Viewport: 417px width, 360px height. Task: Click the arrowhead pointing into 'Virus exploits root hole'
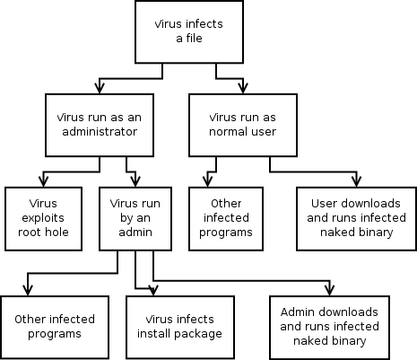point(43,182)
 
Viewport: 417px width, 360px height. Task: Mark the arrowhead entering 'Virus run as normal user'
point(243,89)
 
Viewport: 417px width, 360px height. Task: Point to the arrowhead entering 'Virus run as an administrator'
point(100,89)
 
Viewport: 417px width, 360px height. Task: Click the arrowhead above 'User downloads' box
point(357,182)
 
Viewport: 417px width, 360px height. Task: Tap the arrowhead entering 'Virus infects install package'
point(153,291)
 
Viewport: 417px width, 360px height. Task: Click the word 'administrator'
point(100,132)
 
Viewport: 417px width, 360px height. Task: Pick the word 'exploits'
point(43,218)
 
